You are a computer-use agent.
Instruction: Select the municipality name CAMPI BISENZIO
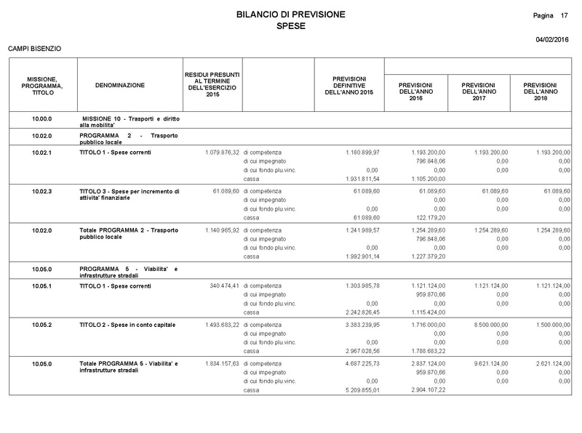(x=34, y=49)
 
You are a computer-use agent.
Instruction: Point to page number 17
(x=565, y=15)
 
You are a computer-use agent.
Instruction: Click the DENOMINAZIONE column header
(x=120, y=86)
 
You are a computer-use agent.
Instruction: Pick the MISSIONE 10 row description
(x=130, y=121)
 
